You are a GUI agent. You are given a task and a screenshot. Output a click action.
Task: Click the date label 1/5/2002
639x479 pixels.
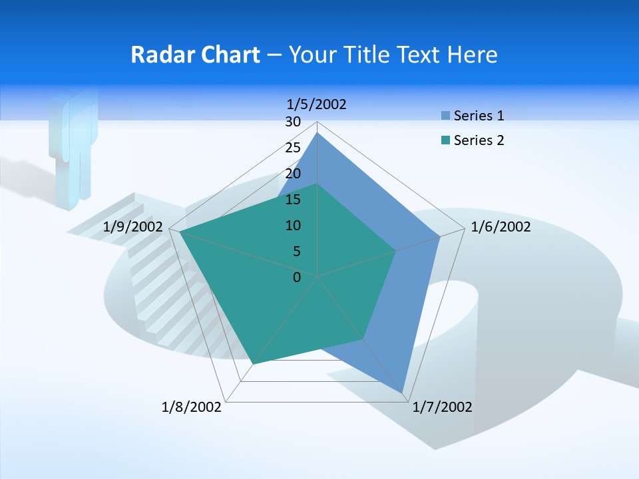coord(317,104)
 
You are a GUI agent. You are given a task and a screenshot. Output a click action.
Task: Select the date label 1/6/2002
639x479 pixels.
coord(501,228)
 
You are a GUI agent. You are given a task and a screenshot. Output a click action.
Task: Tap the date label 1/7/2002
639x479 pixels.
coord(442,407)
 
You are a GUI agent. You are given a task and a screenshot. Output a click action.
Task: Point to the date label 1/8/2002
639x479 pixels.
coord(192,407)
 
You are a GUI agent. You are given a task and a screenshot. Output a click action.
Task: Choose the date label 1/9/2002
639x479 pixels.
coord(133,228)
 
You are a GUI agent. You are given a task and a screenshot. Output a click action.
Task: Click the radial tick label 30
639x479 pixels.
coord(293,122)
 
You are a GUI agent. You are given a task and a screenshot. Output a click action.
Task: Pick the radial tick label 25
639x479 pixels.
coord(293,148)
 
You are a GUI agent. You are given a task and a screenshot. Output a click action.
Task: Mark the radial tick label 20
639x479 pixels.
coord(293,174)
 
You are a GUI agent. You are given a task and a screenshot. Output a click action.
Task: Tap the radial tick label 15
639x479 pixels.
coord(293,200)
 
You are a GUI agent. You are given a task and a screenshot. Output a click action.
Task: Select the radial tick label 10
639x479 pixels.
coord(293,226)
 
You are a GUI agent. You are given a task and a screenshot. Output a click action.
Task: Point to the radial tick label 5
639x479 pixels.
coord(297,251)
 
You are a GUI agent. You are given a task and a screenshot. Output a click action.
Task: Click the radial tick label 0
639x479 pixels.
coord(297,277)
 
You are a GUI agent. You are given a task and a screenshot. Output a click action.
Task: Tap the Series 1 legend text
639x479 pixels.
coord(479,116)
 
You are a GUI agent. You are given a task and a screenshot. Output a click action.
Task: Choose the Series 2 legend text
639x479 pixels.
coord(479,140)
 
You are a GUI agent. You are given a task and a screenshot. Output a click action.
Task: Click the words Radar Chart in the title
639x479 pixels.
coord(195,55)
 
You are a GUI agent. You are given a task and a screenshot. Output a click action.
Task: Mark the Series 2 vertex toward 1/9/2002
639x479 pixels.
coord(179,232)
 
